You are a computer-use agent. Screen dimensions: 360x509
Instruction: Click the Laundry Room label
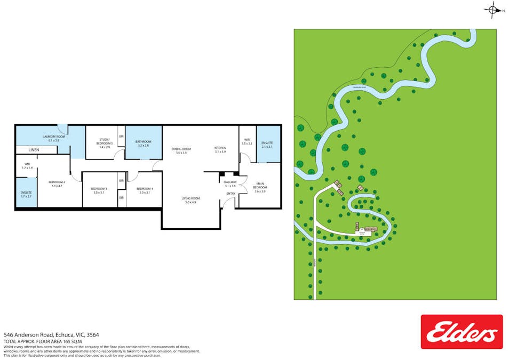(53, 137)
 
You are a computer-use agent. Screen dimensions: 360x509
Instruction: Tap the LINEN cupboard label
(34, 150)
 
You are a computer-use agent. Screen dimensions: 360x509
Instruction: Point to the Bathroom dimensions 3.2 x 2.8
(143, 146)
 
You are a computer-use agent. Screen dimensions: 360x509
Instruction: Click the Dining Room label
(181, 149)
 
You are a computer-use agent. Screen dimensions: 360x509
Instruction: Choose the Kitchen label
(220, 148)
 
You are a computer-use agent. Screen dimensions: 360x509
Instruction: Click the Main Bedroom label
(260, 186)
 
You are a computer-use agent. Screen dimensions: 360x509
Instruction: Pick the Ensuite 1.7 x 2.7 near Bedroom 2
(26, 195)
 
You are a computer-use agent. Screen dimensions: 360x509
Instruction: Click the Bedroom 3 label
(99, 189)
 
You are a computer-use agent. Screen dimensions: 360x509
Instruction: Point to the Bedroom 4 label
(145, 189)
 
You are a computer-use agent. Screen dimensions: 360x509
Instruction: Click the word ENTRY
(230, 193)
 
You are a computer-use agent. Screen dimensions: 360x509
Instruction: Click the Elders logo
(462, 332)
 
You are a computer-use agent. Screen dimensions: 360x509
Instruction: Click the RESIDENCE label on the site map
(371, 229)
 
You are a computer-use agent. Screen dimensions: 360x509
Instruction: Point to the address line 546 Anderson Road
(51, 335)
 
